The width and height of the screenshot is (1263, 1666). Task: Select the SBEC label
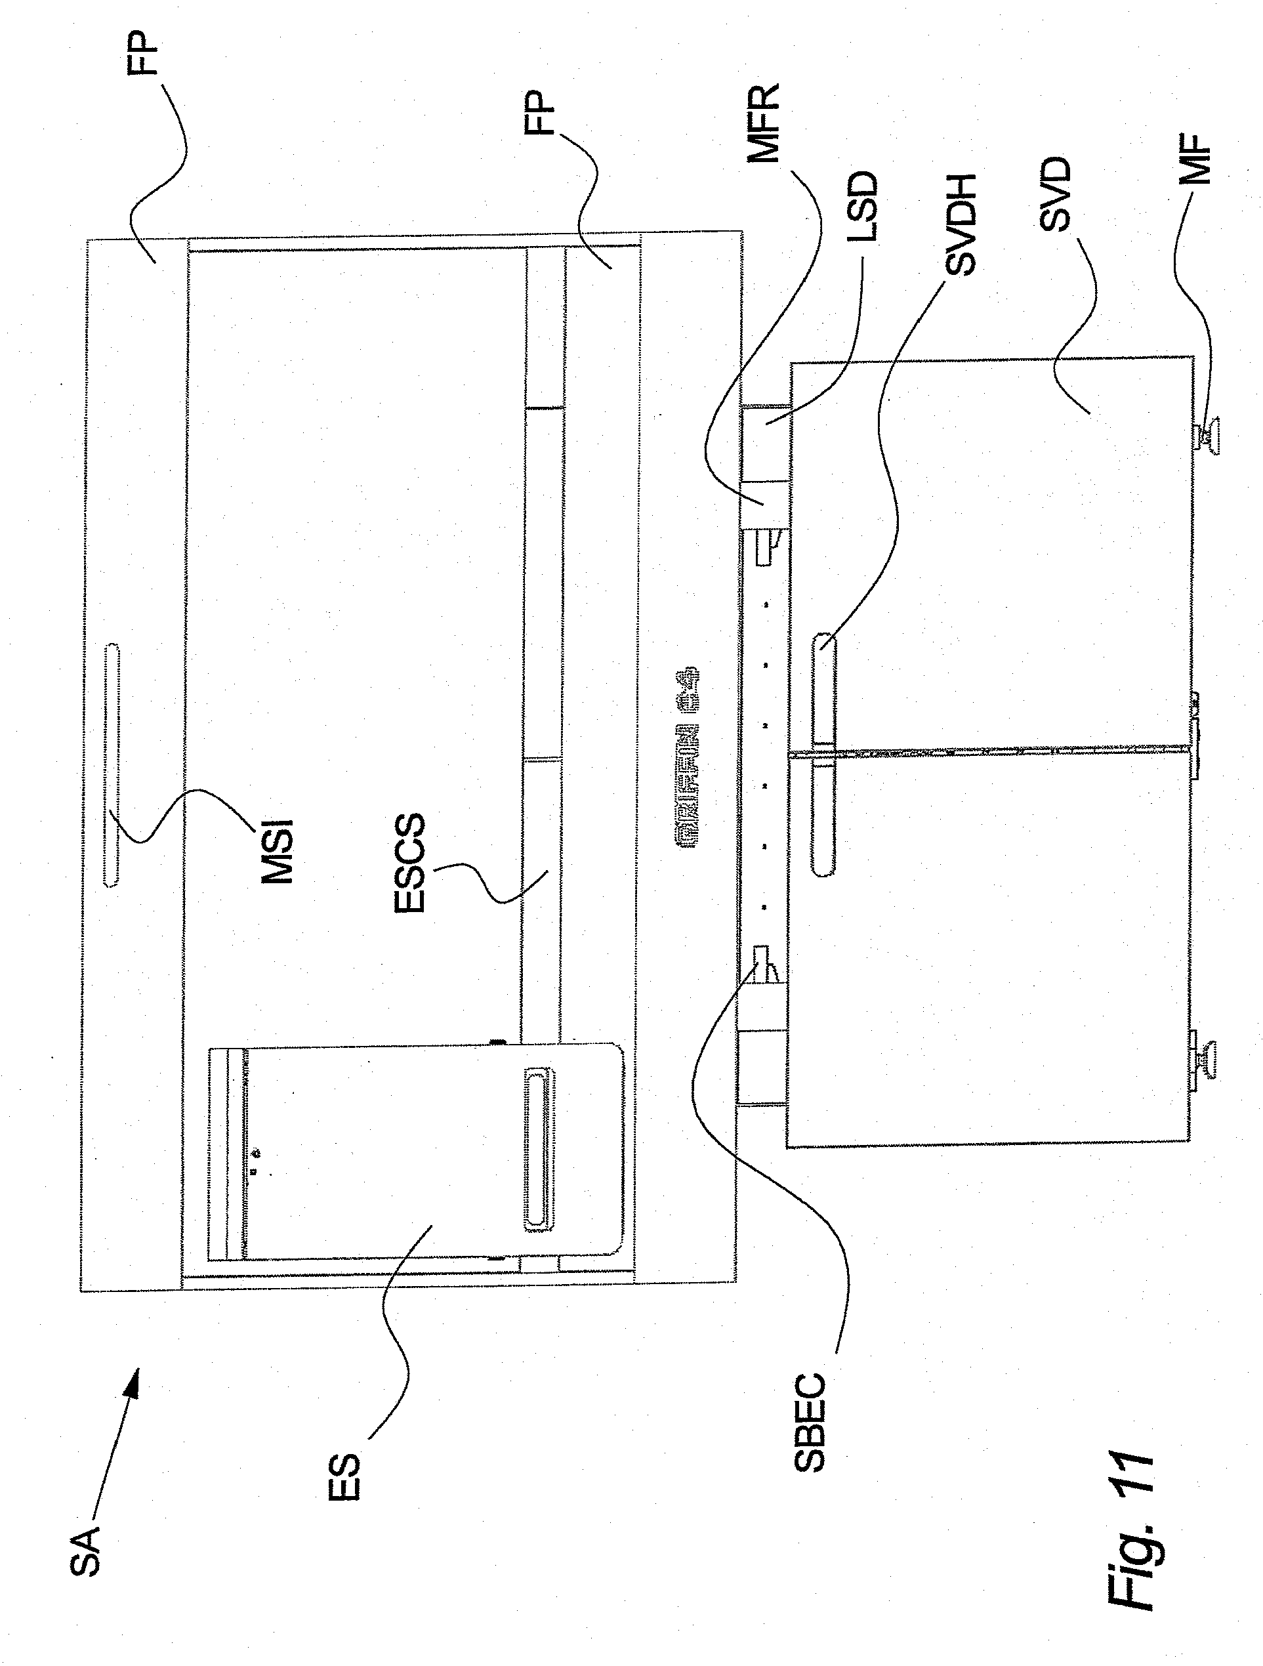coord(810,1423)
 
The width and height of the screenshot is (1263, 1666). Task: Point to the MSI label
coord(276,851)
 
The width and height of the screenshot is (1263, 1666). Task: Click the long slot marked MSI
coord(112,764)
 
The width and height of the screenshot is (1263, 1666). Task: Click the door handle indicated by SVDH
coord(825,754)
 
